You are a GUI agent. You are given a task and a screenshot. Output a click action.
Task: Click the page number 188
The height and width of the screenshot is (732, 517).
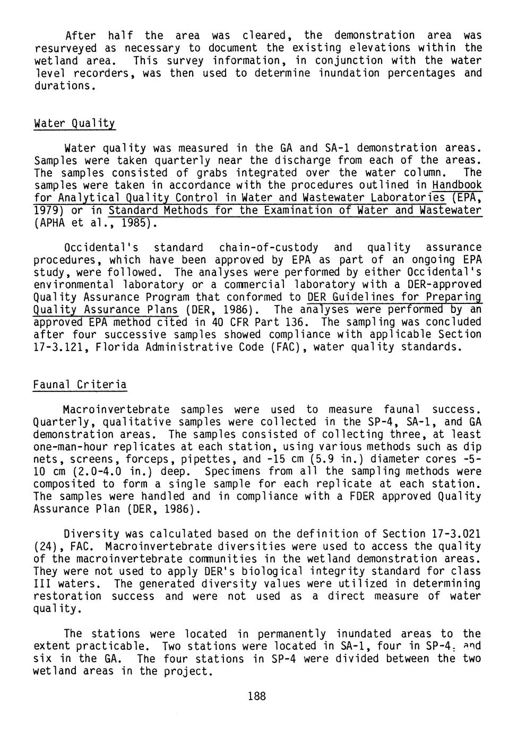tap(256, 696)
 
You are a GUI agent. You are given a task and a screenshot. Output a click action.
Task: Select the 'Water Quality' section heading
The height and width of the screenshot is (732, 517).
tap(74, 124)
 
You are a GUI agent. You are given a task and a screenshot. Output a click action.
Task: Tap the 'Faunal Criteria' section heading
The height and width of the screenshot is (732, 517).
tap(80, 385)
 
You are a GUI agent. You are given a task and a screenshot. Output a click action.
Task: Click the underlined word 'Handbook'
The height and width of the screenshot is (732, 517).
tap(457, 185)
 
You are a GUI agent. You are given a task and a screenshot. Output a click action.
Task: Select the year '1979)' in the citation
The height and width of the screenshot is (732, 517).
tap(49, 211)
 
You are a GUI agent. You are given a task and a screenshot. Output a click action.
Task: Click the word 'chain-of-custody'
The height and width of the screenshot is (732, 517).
tap(269, 248)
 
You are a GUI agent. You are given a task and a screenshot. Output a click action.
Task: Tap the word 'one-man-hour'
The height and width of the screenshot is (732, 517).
tap(68, 447)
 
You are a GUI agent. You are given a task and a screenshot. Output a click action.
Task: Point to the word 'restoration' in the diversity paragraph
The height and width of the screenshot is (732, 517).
tap(67, 596)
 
